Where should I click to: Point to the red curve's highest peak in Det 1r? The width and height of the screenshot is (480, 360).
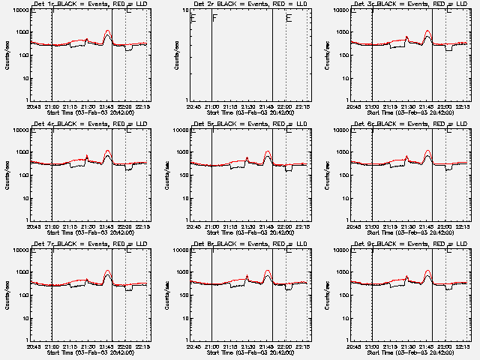click(x=107, y=31)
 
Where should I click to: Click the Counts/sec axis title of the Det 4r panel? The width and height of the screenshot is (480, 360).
click(x=7, y=175)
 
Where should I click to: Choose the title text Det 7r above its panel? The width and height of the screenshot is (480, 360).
click(x=43, y=245)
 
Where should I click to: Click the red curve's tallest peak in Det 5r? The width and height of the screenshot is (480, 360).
click(x=268, y=152)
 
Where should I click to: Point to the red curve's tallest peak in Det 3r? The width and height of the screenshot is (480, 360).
click(x=428, y=31)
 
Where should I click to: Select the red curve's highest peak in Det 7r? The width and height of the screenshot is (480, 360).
click(x=107, y=271)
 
